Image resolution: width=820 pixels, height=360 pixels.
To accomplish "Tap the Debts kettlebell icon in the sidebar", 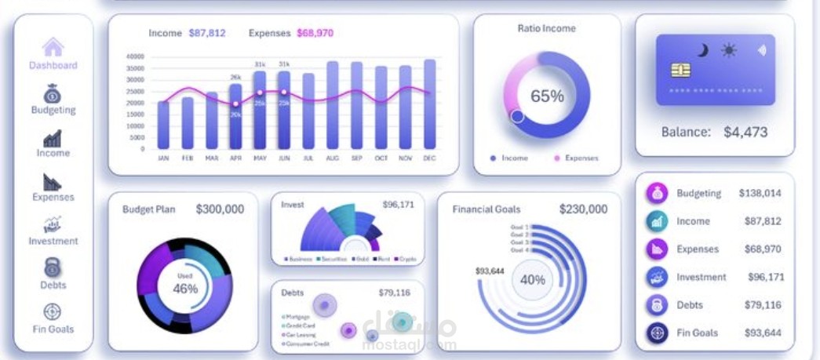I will coord(53,267).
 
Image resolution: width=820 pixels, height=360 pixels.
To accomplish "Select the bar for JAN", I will coord(163,125).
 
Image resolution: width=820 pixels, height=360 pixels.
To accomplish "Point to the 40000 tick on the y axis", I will coord(135,56).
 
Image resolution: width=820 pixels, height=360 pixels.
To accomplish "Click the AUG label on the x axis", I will coord(333,158).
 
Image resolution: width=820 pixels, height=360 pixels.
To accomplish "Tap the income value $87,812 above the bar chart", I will coord(207,33).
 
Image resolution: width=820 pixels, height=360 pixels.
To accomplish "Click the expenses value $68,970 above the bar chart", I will coord(315,33).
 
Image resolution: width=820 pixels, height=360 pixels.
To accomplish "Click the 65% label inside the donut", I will coord(547,96).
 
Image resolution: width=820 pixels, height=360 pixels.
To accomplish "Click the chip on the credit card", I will coord(681,70).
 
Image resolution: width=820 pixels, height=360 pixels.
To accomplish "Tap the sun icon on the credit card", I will coord(729,51).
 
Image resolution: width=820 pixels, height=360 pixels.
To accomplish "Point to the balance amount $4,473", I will coord(745,132).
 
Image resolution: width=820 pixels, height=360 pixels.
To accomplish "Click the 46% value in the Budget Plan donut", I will coord(185,288).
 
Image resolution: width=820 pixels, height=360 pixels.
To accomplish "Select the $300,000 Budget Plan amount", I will coord(220,209).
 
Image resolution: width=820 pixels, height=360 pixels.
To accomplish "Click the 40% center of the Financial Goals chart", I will coord(533,279).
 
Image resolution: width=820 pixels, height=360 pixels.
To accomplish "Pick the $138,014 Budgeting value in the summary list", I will coord(760,193).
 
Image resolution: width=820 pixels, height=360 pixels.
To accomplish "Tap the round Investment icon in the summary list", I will coord(657,277).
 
